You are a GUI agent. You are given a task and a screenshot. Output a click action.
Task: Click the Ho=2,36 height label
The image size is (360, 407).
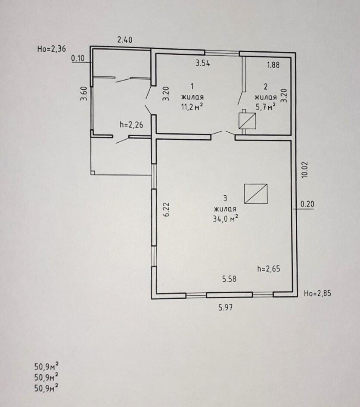(x=52, y=49)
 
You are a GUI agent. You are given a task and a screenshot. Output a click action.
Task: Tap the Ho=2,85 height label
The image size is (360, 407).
(x=317, y=294)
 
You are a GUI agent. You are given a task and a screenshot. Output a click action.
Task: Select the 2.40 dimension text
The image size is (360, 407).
(x=125, y=40)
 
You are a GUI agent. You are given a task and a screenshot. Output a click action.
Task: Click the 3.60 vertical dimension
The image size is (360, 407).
(x=84, y=94)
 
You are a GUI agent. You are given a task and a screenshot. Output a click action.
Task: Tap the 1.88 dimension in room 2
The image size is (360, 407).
(x=273, y=65)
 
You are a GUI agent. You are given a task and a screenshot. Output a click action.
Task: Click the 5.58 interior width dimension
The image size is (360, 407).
(x=229, y=279)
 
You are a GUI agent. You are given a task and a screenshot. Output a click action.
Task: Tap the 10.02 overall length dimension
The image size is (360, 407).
(x=304, y=170)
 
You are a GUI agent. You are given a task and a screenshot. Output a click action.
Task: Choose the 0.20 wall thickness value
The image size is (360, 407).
(x=307, y=205)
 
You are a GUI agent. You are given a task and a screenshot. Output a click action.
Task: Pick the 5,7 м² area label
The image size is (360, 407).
(x=265, y=107)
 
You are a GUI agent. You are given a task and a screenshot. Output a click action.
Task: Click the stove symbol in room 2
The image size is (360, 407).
(x=246, y=120)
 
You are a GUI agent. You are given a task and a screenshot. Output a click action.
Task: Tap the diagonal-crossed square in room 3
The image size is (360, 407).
(x=256, y=194)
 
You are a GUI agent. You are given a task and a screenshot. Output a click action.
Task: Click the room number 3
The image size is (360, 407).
(x=225, y=198)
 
